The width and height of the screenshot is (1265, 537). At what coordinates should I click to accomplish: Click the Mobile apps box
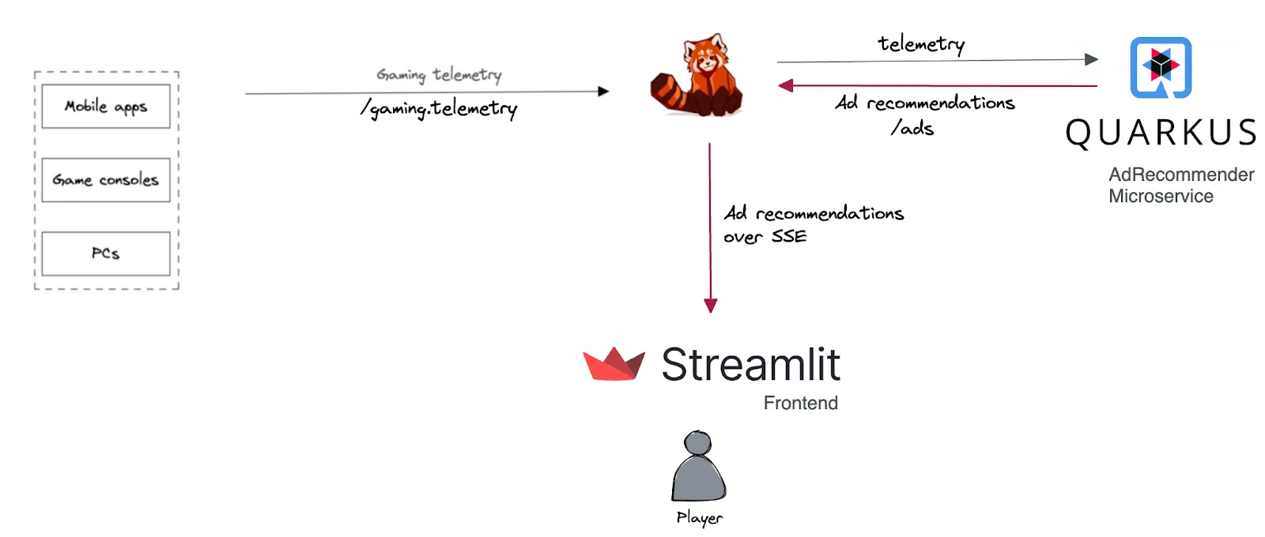coord(106,107)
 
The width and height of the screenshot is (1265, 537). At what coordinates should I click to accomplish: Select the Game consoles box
coord(106,180)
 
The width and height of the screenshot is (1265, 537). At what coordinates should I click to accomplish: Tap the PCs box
coord(106,253)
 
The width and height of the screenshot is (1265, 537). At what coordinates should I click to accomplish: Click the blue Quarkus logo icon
coord(1161,67)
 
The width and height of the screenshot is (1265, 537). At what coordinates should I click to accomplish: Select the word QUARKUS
coord(1161,133)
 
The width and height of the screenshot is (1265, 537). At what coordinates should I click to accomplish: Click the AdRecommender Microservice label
coord(1180,186)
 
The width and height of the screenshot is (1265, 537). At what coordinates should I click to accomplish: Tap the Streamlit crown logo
coord(614,364)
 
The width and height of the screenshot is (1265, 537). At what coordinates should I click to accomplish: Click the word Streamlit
coord(750,365)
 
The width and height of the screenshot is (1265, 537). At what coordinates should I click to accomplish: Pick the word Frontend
coord(800,404)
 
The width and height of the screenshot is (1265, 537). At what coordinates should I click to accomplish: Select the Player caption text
coord(699,518)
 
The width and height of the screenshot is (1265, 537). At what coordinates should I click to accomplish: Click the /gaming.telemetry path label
coord(440,109)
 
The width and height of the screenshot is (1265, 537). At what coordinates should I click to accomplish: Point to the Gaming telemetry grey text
coord(439,75)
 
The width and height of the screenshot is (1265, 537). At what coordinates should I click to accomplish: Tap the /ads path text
coord(912,128)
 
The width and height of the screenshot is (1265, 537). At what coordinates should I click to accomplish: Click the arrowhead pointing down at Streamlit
coord(710,306)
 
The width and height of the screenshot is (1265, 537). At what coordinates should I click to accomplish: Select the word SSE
coord(789,237)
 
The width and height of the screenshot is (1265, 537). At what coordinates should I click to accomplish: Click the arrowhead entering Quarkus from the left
coord(1091,59)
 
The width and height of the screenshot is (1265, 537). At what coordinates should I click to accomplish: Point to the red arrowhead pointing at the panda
coord(785,85)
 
